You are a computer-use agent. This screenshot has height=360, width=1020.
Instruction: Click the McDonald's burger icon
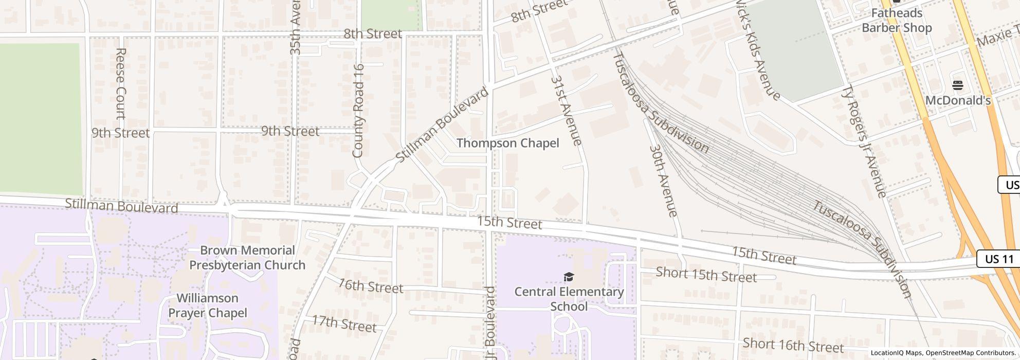[x=957, y=85]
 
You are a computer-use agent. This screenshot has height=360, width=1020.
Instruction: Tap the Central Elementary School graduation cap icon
[x=569, y=278]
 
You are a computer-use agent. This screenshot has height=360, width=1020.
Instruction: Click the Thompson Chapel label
[x=507, y=143]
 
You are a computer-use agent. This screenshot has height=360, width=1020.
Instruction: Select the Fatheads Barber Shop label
[x=897, y=21]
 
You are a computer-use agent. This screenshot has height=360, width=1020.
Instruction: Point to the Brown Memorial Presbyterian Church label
[x=247, y=258]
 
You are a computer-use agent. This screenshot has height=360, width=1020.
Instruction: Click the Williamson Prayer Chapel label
[x=208, y=305]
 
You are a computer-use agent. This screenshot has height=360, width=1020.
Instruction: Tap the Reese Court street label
[x=121, y=83]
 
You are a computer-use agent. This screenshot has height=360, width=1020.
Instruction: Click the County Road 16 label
[x=358, y=111]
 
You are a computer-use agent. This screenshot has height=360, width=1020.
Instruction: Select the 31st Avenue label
[x=566, y=111]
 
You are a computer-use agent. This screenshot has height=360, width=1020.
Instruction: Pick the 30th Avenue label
[x=664, y=180]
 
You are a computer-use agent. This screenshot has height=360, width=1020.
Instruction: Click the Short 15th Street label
[x=706, y=275]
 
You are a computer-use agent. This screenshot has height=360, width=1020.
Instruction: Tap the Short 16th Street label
[x=793, y=345]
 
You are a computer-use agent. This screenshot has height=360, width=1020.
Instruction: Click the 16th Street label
[x=370, y=285]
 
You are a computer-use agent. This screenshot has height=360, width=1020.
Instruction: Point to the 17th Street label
[x=344, y=324]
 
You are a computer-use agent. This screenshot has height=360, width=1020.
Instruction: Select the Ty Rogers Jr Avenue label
[x=864, y=141]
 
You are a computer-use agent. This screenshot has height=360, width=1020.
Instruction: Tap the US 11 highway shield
[x=998, y=259]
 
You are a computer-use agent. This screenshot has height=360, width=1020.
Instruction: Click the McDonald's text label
[x=958, y=101]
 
